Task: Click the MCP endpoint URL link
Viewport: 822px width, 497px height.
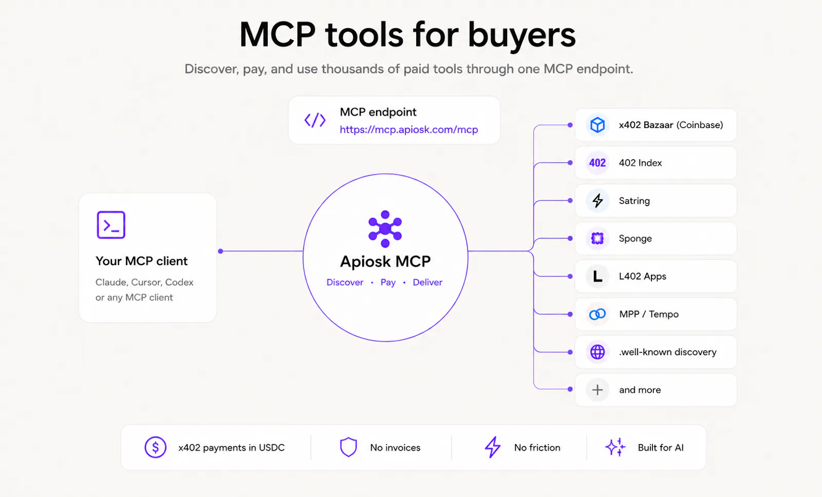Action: pyautogui.click(x=409, y=130)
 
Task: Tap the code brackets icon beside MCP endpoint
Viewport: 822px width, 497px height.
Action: pyautogui.click(x=315, y=120)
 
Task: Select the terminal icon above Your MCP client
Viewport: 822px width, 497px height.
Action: pyautogui.click(x=111, y=225)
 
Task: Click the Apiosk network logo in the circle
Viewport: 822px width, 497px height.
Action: pyautogui.click(x=385, y=229)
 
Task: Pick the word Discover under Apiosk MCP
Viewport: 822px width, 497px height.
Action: pyautogui.click(x=345, y=282)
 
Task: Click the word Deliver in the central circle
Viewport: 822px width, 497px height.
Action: pyautogui.click(x=427, y=282)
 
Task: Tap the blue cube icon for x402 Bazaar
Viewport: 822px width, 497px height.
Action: pyautogui.click(x=597, y=125)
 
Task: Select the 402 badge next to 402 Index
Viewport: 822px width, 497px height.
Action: pyautogui.click(x=597, y=162)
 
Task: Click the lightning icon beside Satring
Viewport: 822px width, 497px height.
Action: pyautogui.click(x=597, y=200)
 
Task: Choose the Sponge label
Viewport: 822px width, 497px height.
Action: pyautogui.click(x=635, y=238)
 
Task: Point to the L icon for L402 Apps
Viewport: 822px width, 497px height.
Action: pyautogui.click(x=597, y=276)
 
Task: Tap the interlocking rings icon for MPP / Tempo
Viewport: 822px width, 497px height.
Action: pyautogui.click(x=597, y=314)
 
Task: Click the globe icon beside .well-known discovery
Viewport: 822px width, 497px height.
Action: pyautogui.click(x=597, y=352)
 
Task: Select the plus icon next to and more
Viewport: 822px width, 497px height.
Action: pyautogui.click(x=597, y=390)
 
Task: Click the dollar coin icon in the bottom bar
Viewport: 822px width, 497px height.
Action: pyautogui.click(x=155, y=447)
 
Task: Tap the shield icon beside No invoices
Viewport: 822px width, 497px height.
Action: pyautogui.click(x=348, y=447)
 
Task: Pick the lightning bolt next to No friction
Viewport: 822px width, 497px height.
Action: pyautogui.click(x=493, y=447)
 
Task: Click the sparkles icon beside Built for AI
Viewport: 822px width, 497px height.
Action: pyautogui.click(x=615, y=447)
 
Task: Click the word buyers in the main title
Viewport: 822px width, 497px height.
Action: pyautogui.click(x=521, y=35)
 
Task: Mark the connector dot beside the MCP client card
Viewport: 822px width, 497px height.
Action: pyautogui.click(x=220, y=251)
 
